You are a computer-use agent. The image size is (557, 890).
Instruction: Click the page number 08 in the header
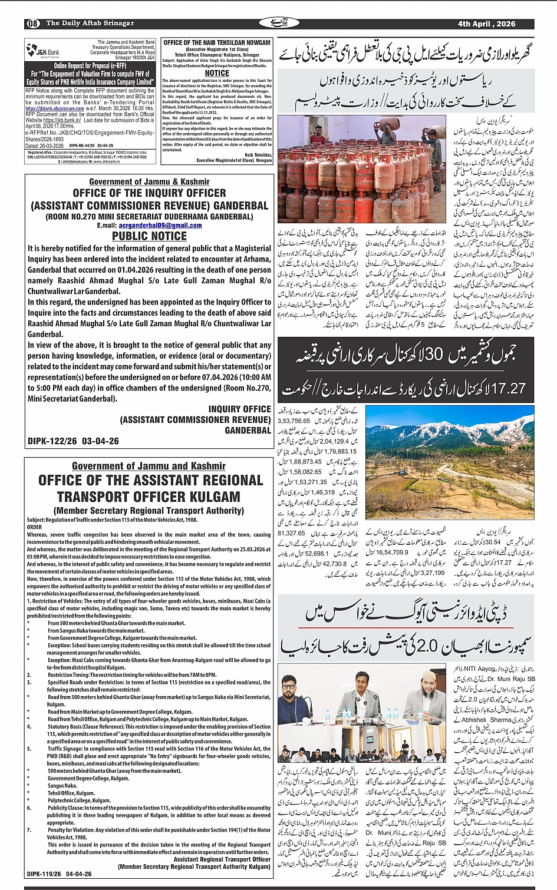[33, 24]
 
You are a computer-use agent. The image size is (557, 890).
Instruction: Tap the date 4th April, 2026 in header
[486, 24]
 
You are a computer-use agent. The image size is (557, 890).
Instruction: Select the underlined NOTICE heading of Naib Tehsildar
[217, 74]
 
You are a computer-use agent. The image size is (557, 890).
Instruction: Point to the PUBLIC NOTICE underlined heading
[149, 236]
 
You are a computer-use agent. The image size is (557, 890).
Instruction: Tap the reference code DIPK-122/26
[51, 441]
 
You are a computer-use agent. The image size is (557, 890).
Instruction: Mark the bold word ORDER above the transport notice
[35, 527]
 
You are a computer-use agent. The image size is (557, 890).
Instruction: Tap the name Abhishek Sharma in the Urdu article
[486, 720]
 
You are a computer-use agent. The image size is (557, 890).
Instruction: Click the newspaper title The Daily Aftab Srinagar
[90, 24]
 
